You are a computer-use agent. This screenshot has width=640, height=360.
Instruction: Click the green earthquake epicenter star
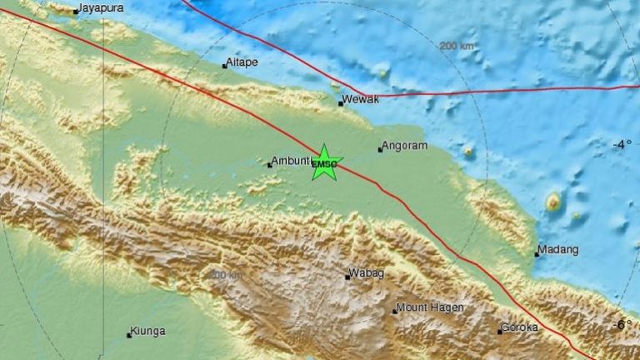coord(324,162)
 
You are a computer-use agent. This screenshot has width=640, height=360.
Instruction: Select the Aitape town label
coord(242,63)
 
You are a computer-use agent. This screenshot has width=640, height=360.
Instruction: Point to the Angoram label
coord(406,146)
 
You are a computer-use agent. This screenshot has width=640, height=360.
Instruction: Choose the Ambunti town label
coord(291,161)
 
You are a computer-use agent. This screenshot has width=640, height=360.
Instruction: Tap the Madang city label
coord(557,249)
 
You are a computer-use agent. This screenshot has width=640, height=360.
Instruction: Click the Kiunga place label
coord(149,331)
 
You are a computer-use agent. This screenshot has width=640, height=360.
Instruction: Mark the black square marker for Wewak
coord(341,103)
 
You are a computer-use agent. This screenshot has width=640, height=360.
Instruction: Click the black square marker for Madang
coord(537,254)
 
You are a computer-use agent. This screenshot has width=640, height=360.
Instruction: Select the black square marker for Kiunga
coord(129,335)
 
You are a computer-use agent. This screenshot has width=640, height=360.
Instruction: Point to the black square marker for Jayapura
coord(75,12)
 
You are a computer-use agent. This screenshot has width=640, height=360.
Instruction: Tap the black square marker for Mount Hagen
coord(395,312)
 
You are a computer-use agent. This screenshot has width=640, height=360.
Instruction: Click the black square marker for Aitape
coord(224,66)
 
